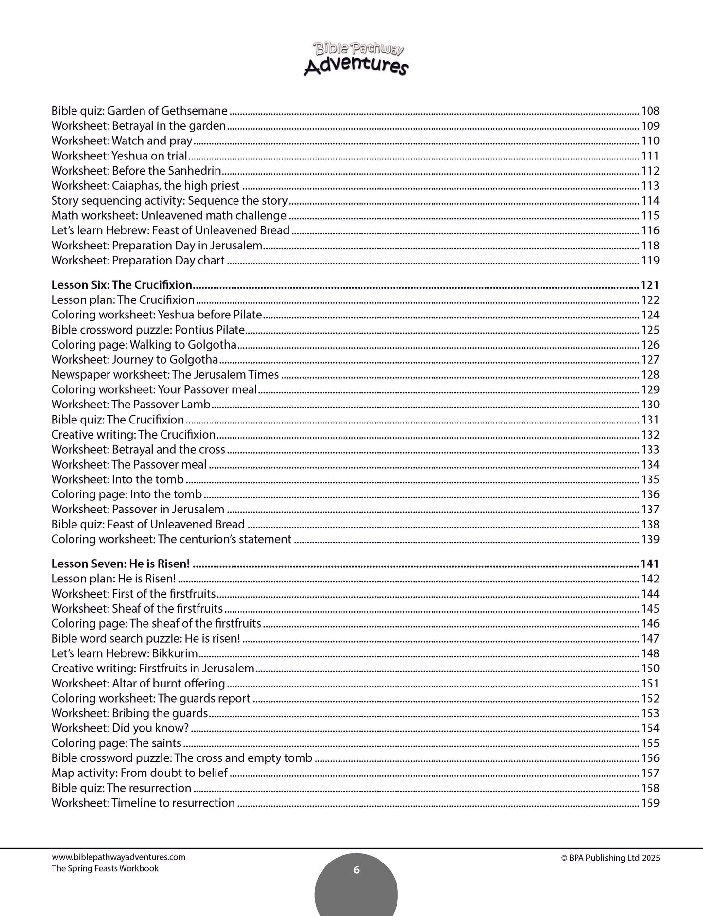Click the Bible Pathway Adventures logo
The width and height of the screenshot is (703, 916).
[x=356, y=58]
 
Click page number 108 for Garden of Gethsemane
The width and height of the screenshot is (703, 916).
[x=650, y=111]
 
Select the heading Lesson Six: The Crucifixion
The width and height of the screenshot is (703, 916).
[x=122, y=285]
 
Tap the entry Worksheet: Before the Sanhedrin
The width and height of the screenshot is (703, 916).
[x=136, y=171]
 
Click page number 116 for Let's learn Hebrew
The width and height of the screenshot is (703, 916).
[x=650, y=230]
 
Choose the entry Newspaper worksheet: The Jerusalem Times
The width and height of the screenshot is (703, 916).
[x=165, y=375]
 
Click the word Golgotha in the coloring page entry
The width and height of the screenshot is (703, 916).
[x=214, y=345]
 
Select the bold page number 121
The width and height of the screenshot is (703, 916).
[x=649, y=285]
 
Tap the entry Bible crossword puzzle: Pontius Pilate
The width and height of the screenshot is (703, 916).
[x=148, y=330]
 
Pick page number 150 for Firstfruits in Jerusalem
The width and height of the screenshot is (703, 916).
[x=650, y=669]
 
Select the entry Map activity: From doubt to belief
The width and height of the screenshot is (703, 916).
[x=139, y=773]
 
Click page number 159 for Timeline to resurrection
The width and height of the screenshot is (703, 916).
[x=650, y=803]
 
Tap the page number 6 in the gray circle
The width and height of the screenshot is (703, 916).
[x=356, y=870]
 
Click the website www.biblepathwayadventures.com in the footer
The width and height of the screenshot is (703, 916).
[x=118, y=858]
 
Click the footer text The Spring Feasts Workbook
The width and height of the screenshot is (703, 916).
[x=105, y=868]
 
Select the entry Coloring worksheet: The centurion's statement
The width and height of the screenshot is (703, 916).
[x=171, y=539]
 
